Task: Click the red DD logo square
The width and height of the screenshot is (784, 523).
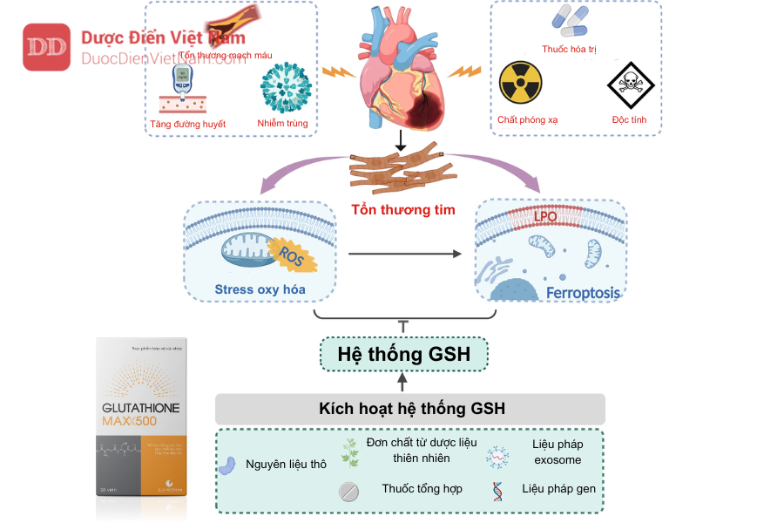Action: pos(46,47)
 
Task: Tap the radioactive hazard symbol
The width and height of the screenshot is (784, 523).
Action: pos(520,83)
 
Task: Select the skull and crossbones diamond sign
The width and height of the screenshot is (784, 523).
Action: pos(629,85)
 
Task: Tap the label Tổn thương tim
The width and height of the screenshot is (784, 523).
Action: pos(402,210)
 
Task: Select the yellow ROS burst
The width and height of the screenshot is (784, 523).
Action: pos(290,255)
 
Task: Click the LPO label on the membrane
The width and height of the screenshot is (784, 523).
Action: pos(545,215)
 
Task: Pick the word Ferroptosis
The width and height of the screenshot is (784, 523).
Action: pos(583,293)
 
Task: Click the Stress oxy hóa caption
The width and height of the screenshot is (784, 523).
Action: pos(260,289)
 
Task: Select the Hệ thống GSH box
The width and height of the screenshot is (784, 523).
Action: pos(403,354)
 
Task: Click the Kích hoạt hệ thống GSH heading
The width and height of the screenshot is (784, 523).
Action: pos(412,409)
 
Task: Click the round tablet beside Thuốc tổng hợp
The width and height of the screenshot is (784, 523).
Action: pos(348,492)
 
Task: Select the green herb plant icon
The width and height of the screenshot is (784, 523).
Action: pos(350,452)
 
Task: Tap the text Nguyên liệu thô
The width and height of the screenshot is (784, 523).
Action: pos(286,465)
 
